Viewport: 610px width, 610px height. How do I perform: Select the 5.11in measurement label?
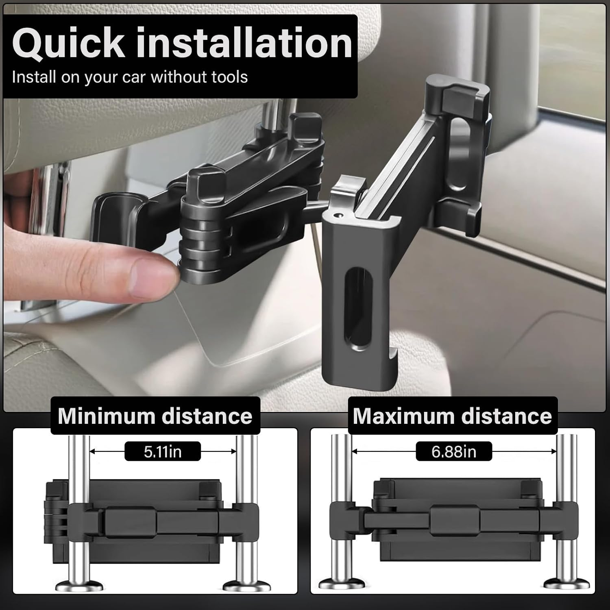(x=163, y=451)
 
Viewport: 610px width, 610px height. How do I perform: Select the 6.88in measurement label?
(x=454, y=451)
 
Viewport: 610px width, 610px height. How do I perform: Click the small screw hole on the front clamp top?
(x=337, y=213)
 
